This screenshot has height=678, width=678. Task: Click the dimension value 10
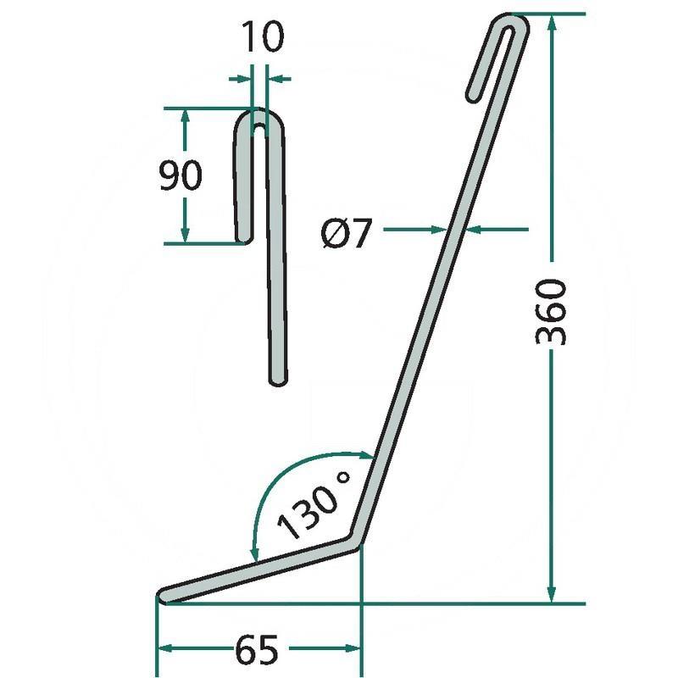(x=263, y=36)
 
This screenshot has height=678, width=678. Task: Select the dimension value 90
(x=181, y=175)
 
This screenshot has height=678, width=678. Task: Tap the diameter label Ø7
(x=347, y=234)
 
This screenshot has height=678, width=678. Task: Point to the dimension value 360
(x=550, y=312)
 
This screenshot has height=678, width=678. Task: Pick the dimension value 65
(x=257, y=650)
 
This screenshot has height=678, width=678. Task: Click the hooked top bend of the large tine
(x=513, y=23)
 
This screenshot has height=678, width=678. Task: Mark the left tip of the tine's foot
(x=161, y=595)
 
